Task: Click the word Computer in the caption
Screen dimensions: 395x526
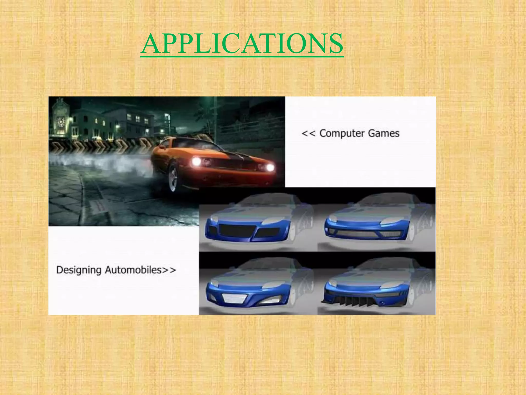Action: pos(339,133)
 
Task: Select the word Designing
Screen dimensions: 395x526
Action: pos(79,270)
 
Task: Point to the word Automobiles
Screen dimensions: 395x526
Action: pos(133,270)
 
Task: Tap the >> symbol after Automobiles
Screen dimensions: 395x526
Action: pos(169,270)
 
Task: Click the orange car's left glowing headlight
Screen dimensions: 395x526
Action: pos(196,162)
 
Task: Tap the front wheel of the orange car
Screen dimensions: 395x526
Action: pos(174,178)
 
